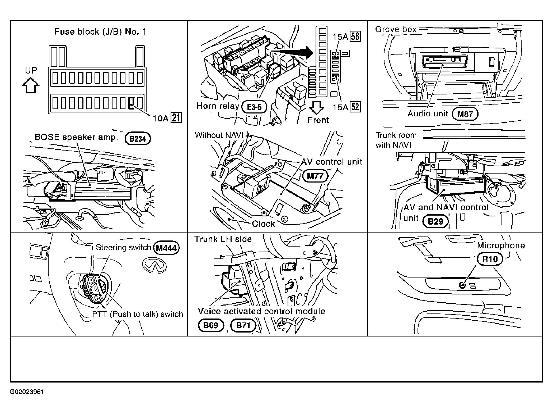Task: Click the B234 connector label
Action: point(138,139)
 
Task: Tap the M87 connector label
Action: point(465,114)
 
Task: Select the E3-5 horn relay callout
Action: point(254,107)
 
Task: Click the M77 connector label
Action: point(315,176)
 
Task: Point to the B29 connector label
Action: point(435,221)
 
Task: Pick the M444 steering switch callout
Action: point(166,248)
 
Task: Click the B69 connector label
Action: point(211,325)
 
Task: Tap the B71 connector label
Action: point(243,325)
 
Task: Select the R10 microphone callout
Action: point(490,259)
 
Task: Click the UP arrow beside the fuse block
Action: point(31,85)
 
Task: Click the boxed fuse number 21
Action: point(176,117)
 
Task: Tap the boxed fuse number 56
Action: point(355,37)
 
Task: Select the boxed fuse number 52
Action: point(355,107)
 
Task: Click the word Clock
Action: point(263,224)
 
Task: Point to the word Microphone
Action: point(501,245)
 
